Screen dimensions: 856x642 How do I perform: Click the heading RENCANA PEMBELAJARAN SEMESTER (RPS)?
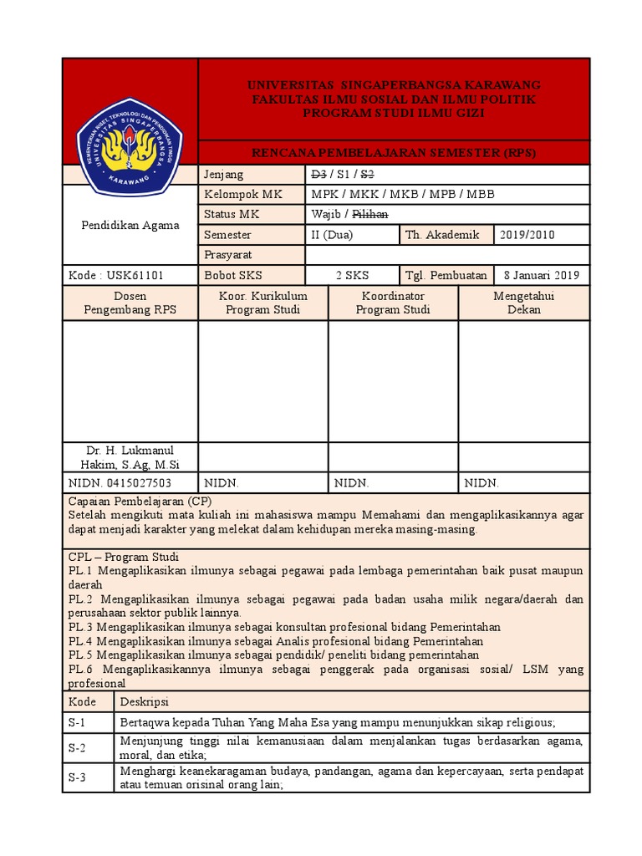[x=394, y=153]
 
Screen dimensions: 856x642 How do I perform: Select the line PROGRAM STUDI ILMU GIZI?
[x=394, y=113]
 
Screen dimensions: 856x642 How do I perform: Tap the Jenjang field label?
[x=223, y=175]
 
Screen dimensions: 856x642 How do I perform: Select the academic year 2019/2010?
[x=527, y=235]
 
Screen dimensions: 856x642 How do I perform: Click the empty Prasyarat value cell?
[x=447, y=255]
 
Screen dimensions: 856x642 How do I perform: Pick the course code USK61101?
[x=130, y=275]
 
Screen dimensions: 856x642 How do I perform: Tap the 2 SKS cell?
[x=352, y=275]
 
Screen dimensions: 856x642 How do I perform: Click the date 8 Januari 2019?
[x=542, y=275]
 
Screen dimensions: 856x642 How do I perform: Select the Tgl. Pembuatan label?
[x=446, y=275]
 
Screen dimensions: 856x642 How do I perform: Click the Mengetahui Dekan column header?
[x=524, y=303]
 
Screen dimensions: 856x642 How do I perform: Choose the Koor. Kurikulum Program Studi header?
[x=263, y=303]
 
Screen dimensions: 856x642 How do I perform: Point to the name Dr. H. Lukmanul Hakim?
[x=130, y=457]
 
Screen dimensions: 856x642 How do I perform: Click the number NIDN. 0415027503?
[x=120, y=483]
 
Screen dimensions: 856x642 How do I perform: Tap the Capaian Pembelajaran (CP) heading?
[x=140, y=501]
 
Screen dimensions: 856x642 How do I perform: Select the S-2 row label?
[x=78, y=747]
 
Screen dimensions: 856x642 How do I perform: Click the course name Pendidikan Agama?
[x=130, y=226]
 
